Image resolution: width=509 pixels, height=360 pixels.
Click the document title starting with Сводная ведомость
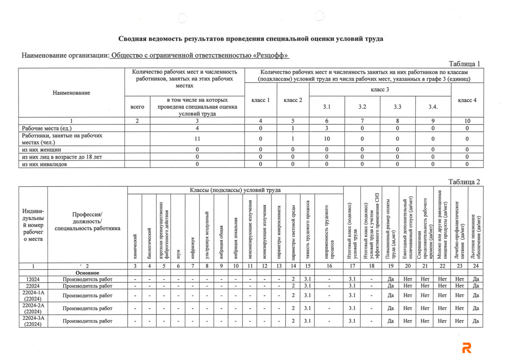pyautogui.click(x=251, y=39)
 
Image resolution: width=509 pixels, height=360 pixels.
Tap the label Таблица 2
pyautogui.click(x=464, y=182)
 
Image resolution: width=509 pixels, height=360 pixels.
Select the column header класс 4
pyautogui.click(x=467, y=100)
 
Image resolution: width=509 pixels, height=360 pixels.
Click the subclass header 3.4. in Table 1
pyautogui.click(x=433, y=107)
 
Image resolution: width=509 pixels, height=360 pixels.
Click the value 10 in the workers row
pyautogui.click(x=327, y=139)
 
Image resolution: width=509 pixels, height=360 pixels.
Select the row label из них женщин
pyautogui.click(x=42, y=150)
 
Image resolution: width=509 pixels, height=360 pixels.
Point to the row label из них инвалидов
pyautogui.click(x=44, y=164)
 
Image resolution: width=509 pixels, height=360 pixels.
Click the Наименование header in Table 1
pyautogui.click(x=71, y=92)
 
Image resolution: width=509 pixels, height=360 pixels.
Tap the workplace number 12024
pyautogui.click(x=33, y=279)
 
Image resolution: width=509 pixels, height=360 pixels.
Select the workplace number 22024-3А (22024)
pyautogui.click(x=33, y=321)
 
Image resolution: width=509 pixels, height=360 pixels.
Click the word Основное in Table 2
pyautogui.click(x=87, y=273)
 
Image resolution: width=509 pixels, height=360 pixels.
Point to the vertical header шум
pyautogui.click(x=178, y=254)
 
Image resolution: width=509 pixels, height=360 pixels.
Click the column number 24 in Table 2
pyautogui.click(x=475, y=266)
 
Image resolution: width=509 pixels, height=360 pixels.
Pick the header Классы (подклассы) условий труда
pyautogui.click(x=235, y=190)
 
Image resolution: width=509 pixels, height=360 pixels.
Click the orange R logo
pyautogui.click(x=467, y=347)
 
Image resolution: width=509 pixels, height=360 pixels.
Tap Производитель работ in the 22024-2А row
pyautogui.click(x=87, y=308)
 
